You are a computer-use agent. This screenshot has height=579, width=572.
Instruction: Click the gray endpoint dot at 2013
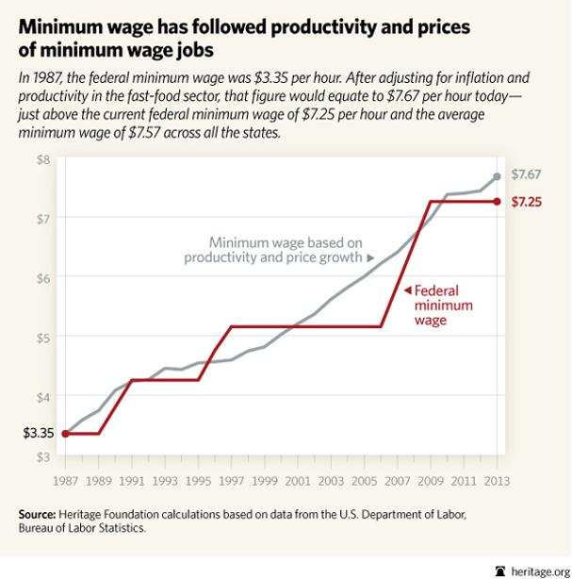[498, 176]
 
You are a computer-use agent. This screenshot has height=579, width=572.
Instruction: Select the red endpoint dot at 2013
[498, 201]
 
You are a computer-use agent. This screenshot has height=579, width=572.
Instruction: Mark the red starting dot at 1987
[65, 434]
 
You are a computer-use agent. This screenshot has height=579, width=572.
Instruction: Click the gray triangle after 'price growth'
[370, 257]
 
